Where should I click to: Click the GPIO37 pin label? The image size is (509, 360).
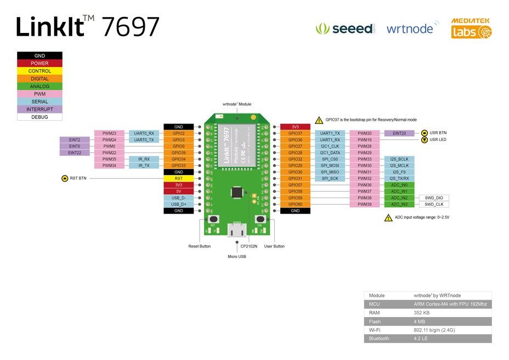click(x=296, y=133)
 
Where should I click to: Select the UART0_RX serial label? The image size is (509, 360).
click(x=144, y=133)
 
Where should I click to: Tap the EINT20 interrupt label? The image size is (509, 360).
click(x=399, y=133)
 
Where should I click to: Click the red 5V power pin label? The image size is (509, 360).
click(x=179, y=192)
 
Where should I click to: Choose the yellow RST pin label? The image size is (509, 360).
click(x=179, y=178)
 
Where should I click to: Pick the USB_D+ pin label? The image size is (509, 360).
click(x=179, y=204)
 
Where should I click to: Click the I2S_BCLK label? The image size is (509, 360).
click(x=399, y=159)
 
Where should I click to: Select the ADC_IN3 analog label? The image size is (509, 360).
click(x=399, y=204)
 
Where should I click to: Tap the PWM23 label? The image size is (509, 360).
click(x=109, y=133)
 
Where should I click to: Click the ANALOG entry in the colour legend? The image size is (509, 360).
click(x=39, y=86)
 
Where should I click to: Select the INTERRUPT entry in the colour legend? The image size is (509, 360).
click(x=39, y=109)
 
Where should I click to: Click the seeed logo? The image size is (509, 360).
click(x=346, y=29)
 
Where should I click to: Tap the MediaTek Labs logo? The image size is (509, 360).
click(x=471, y=28)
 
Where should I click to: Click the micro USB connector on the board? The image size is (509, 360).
click(x=237, y=231)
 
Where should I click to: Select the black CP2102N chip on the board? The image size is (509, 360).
click(x=237, y=192)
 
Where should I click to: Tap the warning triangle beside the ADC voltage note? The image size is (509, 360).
click(x=388, y=218)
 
